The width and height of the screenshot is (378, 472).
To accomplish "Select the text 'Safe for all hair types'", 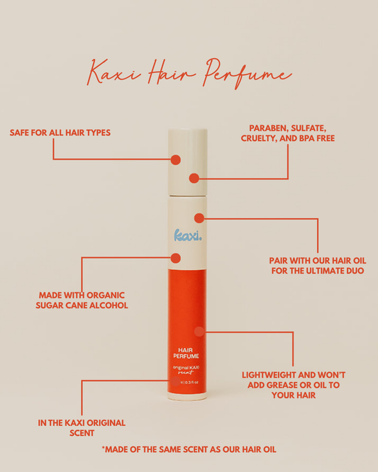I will (x=60, y=133).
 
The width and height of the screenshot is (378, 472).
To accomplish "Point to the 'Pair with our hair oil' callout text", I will (x=317, y=265).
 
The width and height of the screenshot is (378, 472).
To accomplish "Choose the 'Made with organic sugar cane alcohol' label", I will (x=82, y=300).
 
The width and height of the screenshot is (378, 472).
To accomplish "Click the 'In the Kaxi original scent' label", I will (x=82, y=427).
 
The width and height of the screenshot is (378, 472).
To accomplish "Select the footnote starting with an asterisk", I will (x=189, y=449).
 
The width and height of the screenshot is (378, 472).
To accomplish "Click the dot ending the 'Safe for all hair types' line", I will (x=175, y=160).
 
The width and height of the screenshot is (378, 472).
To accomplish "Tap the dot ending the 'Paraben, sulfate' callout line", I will (x=194, y=179).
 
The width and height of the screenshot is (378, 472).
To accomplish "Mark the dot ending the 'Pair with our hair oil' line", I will (x=199, y=218).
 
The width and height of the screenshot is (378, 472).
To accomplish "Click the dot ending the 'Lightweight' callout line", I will (x=199, y=331).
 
